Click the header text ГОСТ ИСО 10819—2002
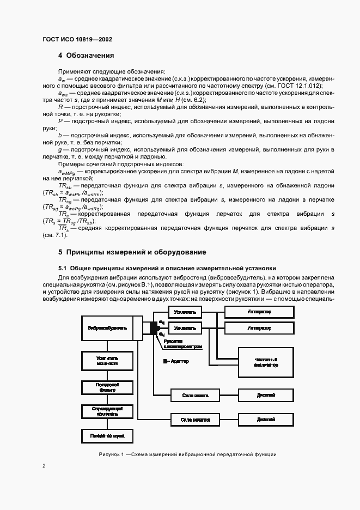pyautogui.click(x=77, y=39)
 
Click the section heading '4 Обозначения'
pyautogui.click(x=86, y=56)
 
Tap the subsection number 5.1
pyautogui.click(x=62, y=268)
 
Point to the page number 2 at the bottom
pyautogui.click(x=44, y=466)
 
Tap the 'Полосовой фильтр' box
pyautogui.click(x=107, y=387)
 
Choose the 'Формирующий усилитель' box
pyautogui.click(x=107, y=411)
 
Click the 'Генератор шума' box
pyautogui.click(x=107, y=436)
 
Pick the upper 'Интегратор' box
pyautogui.click(x=259, y=312)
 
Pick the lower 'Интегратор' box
pyautogui.click(x=259, y=328)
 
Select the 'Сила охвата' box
pyautogui.click(x=187, y=394)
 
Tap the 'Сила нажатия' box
pyautogui.click(x=187, y=420)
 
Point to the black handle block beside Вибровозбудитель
pyautogui.click(x=154, y=327)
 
